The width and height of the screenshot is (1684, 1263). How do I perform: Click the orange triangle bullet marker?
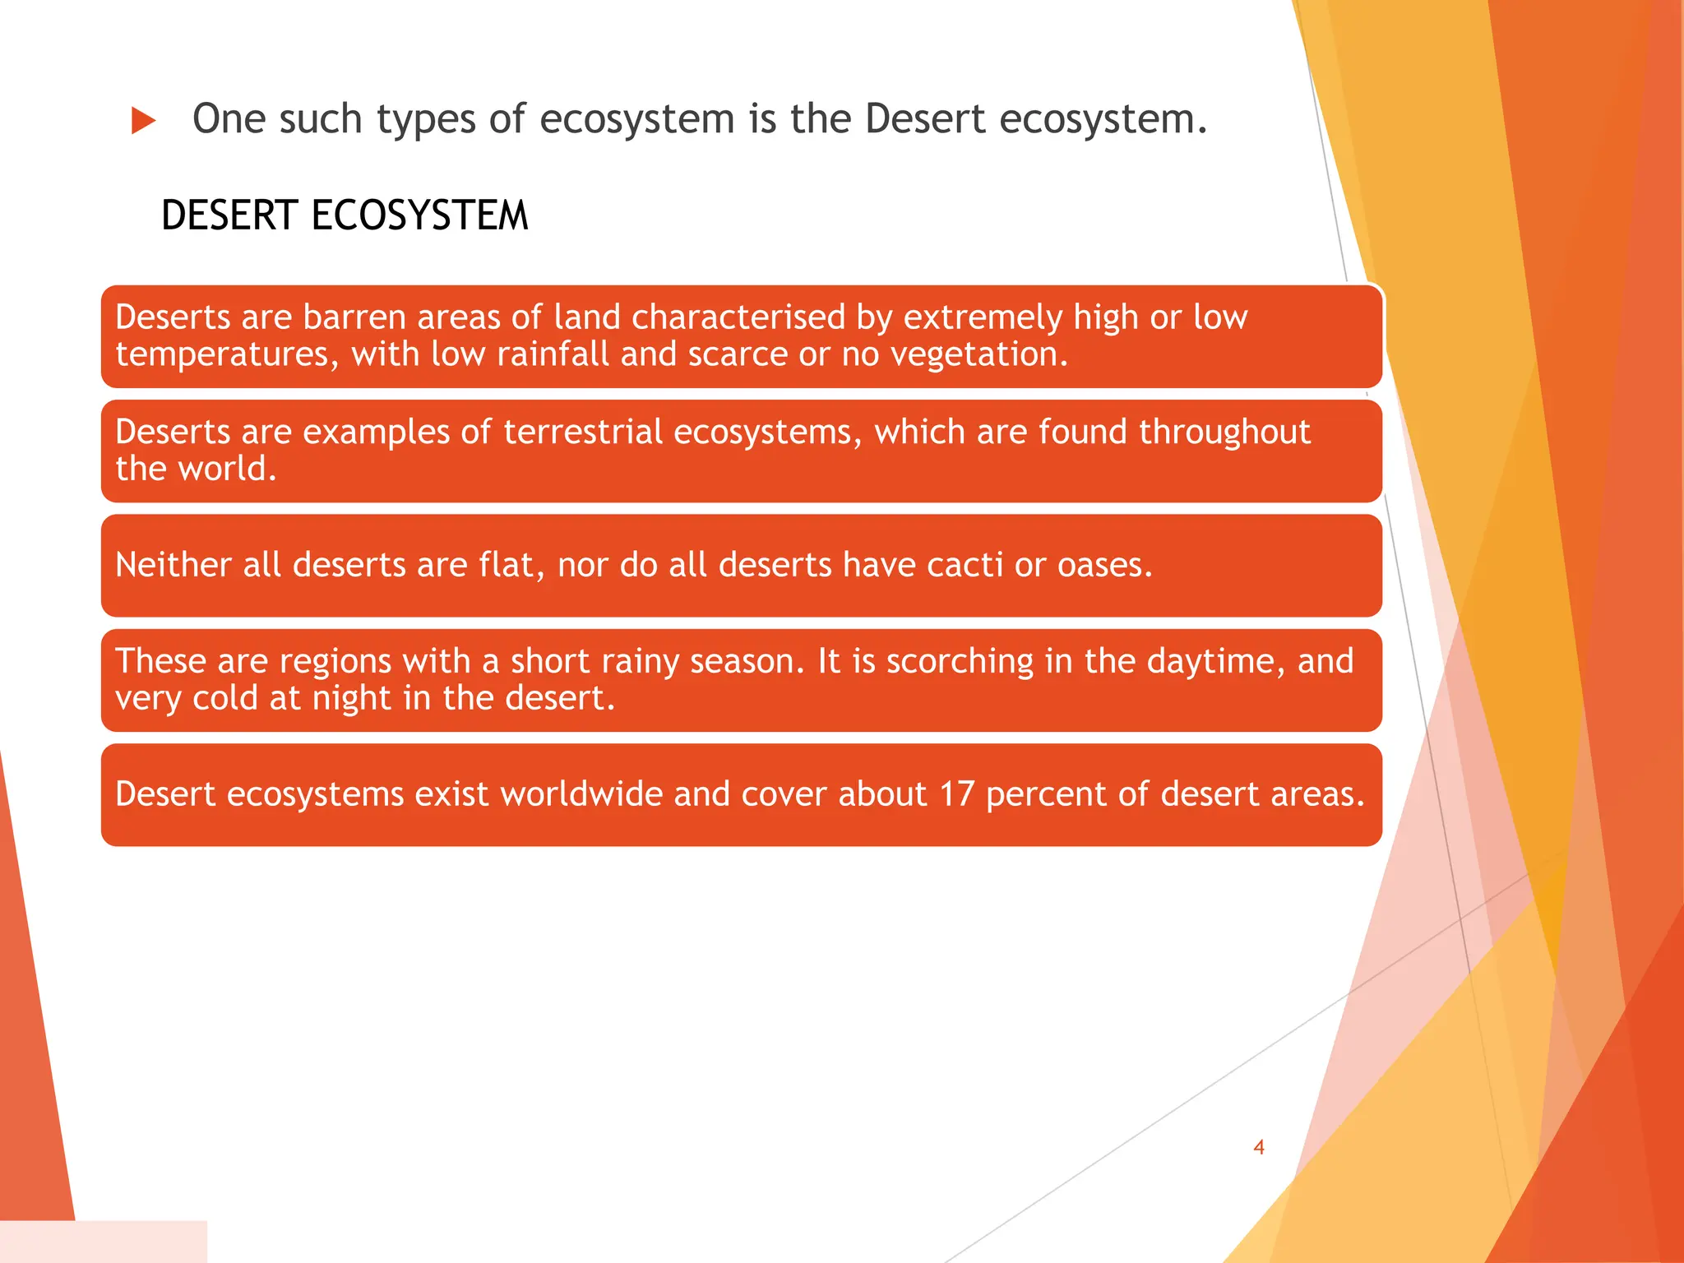pyautogui.click(x=144, y=121)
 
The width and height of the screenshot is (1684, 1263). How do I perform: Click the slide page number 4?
pyautogui.click(x=1258, y=1147)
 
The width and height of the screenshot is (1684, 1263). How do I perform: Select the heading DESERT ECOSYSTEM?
pyautogui.click(x=345, y=216)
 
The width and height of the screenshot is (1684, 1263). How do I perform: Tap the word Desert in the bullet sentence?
pyautogui.click(x=924, y=119)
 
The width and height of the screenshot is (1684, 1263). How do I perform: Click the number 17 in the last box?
pyautogui.click(x=956, y=794)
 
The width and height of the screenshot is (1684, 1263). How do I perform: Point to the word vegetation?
pyautogui.click(x=979, y=355)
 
